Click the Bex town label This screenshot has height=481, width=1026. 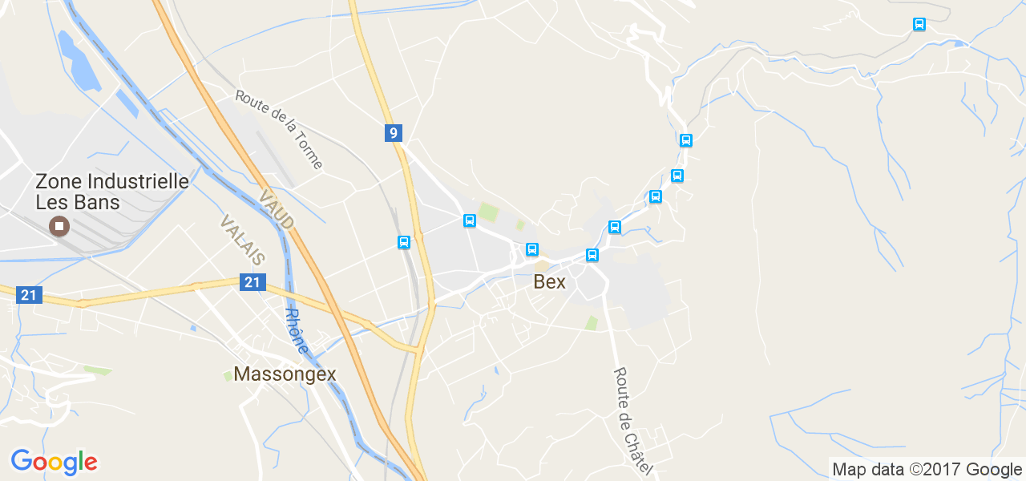coord(549,282)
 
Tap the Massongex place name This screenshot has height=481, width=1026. coord(285,374)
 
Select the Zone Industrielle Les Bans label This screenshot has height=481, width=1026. coord(112,192)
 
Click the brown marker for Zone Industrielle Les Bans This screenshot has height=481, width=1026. coord(59,226)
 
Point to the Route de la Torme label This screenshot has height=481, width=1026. coord(279,129)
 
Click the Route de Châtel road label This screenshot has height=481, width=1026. coord(632,420)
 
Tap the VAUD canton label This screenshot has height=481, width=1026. coord(277,209)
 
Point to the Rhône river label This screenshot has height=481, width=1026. coord(296,330)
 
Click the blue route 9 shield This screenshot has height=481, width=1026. coord(393,133)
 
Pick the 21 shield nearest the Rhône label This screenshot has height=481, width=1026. coord(252,282)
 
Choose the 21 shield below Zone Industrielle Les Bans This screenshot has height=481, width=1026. coord(29,295)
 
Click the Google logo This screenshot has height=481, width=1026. coord(54,463)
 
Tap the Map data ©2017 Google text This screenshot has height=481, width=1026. coord(927,470)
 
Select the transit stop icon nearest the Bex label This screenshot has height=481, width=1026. coord(531,249)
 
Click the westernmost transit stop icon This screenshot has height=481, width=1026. coord(404,242)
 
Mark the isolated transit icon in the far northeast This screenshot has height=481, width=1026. coord(919,24)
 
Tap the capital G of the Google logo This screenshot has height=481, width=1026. coord(22,461)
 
